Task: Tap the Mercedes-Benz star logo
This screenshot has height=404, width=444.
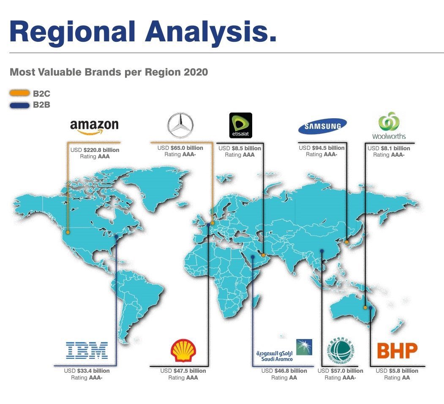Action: click(x=180, y=125)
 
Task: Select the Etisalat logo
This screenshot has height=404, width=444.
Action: click(x=241, y=125)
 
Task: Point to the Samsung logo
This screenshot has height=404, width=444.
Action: click(x=322, y=126)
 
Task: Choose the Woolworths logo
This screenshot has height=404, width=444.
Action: click(x=389, y=126)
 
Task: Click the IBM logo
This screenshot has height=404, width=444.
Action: click(x=87, y=350)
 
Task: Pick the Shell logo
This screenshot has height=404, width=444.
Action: click(x=183, y=350)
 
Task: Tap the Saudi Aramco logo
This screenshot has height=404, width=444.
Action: click(x=284, y=350)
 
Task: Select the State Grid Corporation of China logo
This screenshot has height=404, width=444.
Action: click(x=340, y=351)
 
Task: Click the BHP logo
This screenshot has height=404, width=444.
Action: click(x=397, y=351)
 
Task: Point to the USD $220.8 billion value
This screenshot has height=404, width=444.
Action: click(x=95, y=150)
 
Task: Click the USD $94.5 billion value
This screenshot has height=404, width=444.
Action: click(x=321, y=148)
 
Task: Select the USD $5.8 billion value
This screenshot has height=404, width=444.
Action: click(x=397, y=371)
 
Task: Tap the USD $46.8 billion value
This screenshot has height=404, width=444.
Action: click(x=284, y=371)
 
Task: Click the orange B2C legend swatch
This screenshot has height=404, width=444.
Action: click(x=19, y=93)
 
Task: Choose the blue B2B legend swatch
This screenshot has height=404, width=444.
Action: click(x=19, y=105)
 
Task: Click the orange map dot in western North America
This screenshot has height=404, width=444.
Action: click(x=68, y=232)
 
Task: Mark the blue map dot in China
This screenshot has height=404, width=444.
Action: click(x=321, y=251)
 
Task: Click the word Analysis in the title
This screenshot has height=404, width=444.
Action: click(x=210, y=32)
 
